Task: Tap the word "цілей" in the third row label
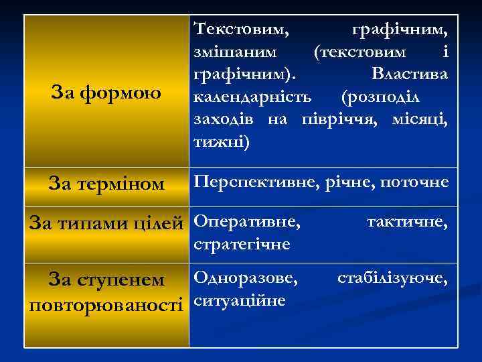coord(161,222)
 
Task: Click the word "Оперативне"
coord(246,221)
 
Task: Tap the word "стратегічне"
coord(242,243)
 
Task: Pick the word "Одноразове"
coord(246,276)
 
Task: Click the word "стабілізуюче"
coord(392,276)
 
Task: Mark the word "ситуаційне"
coord(240,300)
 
